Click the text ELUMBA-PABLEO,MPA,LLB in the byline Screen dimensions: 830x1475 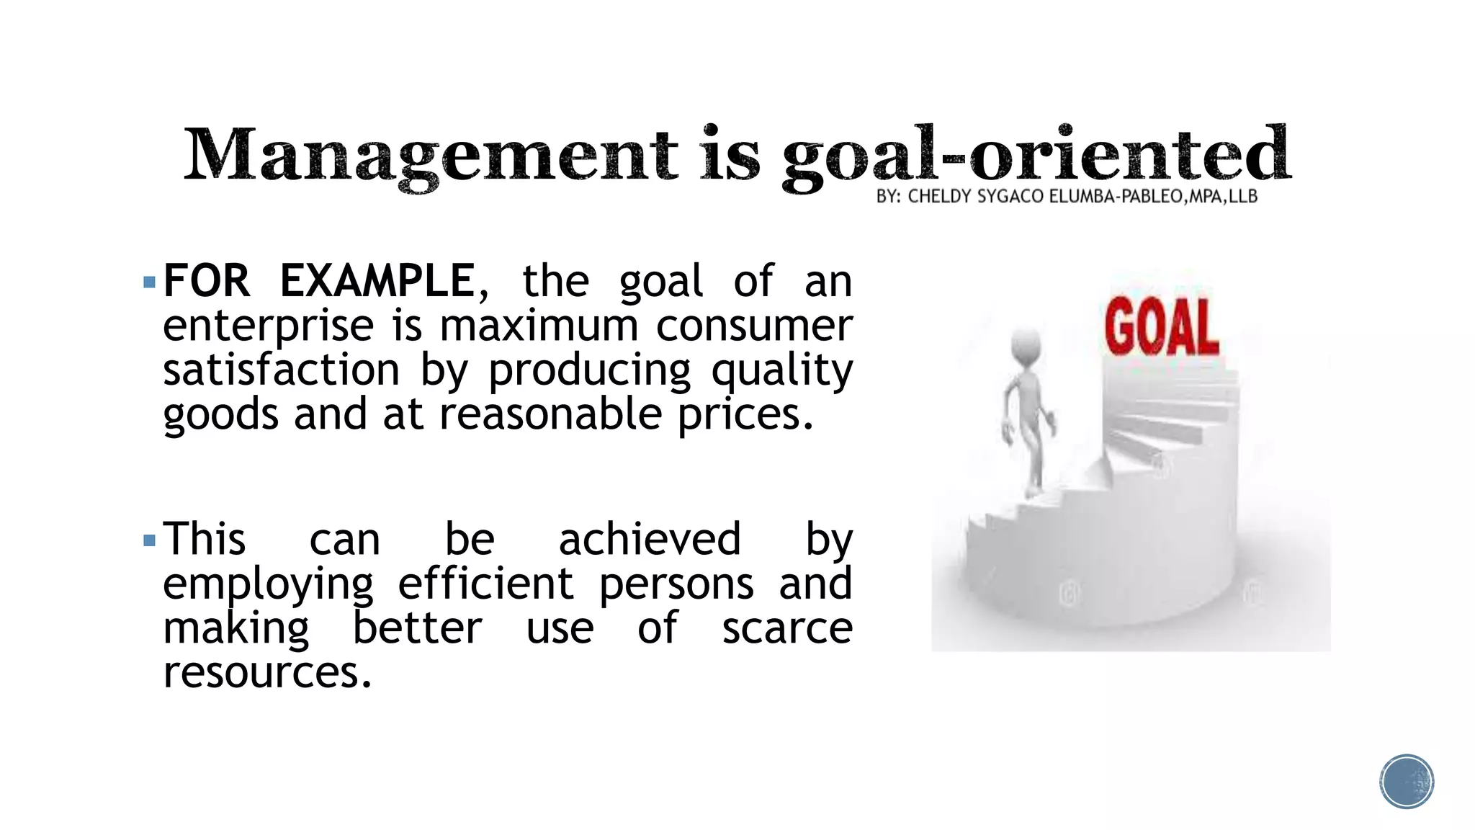tap(1153, 197)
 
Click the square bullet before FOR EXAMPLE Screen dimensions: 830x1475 tap(150, 282)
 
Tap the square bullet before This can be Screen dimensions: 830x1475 tap(150, 540)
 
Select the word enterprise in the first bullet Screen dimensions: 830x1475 tap(268, 326)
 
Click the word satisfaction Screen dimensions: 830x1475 tap(281, 370)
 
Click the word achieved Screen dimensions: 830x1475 tap(650, 540)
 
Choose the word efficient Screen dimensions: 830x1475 tap(485, 584)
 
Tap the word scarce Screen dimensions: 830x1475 tap(787, 628)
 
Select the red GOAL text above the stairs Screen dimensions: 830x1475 tap(1162, 328)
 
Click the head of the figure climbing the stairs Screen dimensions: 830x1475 tap(1026, 345)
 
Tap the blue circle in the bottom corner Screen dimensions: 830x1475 tap(1407, 782)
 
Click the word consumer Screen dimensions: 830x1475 tap(754, 326)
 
